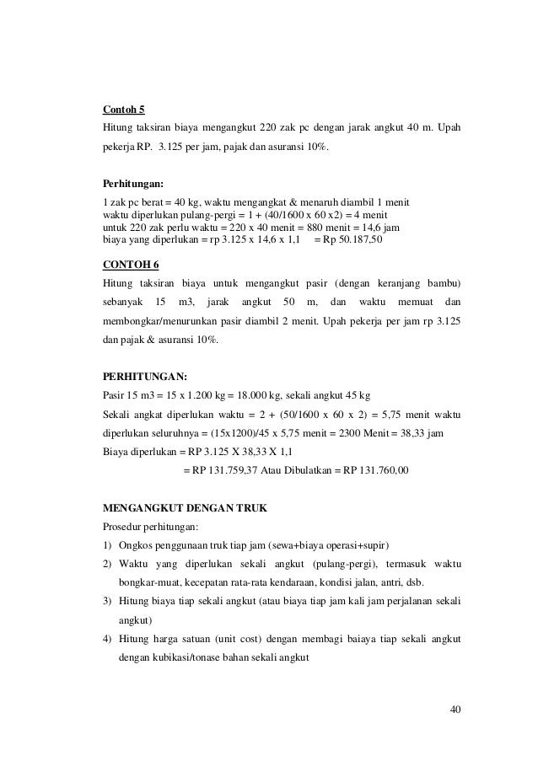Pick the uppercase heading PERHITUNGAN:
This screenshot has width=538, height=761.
[x=143, y=376]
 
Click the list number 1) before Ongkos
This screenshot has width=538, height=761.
[x=107, y=545]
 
